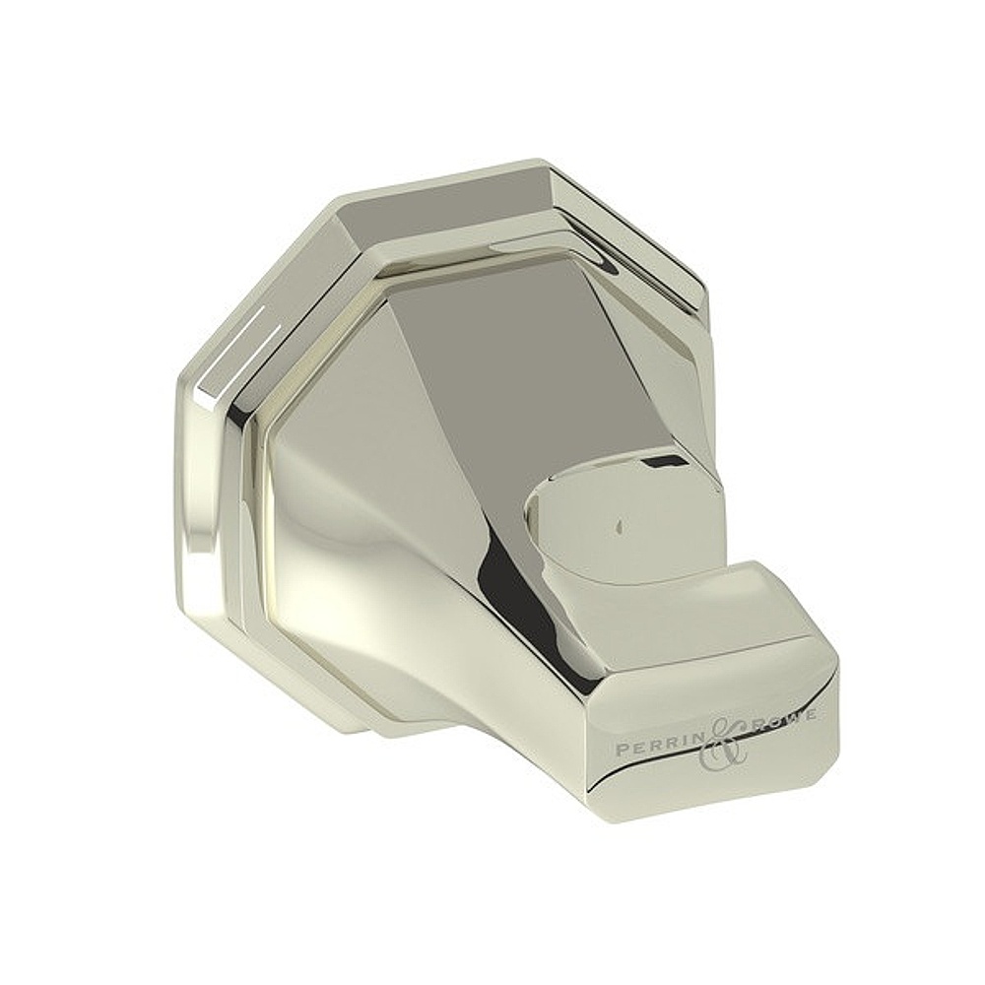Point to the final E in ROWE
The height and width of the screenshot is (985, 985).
click(x=809, y=713)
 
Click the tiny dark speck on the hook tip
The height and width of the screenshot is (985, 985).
click(x=618, y=525)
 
